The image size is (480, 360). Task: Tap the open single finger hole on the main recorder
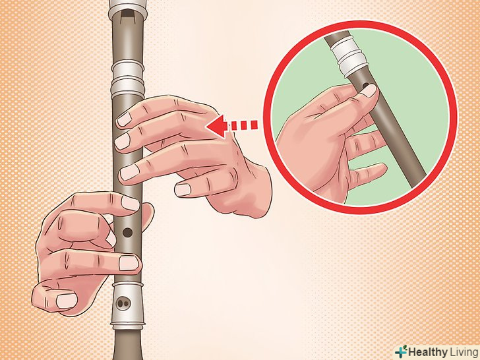pyautogui.click(x=127, y=232)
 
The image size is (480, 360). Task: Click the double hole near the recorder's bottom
pyautogui.click(x=124, y=303)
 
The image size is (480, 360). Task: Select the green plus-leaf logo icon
pyautogui.click(x=401, y=351)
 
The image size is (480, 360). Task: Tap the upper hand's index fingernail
pyautogui.click(x=124, y=119)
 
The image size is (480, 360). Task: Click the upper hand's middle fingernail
pyautogui.click(x=123, y=141)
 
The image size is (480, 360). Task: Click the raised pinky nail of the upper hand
pyautogui.click(x=183, y=190)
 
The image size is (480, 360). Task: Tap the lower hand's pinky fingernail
pyautogui.click(x=67, y=301)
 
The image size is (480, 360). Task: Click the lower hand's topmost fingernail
pyautogui.click(x=130, y=203)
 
